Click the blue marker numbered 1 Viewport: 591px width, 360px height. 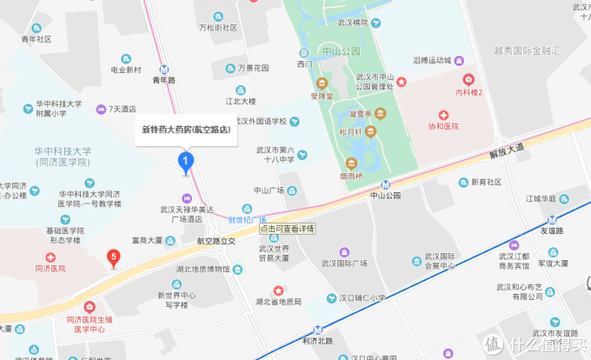tap(185, 161)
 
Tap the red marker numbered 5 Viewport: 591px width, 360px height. tap(112, 257)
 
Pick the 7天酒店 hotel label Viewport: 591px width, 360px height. tap(123, 109)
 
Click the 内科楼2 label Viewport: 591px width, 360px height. tap(469, 92)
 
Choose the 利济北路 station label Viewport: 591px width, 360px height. tap(318, 340)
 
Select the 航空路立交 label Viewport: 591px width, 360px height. tap(216, 241)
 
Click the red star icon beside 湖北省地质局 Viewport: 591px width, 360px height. tap(277, 290)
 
